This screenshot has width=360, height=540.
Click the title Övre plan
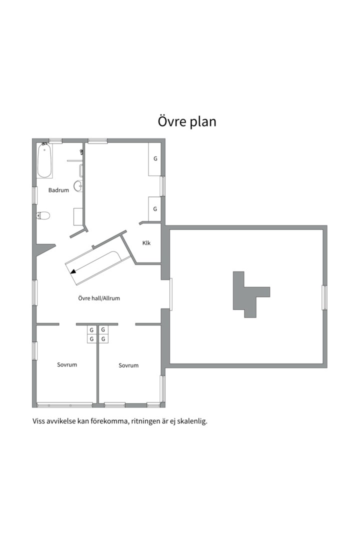point(187,121)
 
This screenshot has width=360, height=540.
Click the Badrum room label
point(58,190)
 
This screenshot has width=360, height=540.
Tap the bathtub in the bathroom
point(44,161)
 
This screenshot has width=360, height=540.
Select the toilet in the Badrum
point(44,215)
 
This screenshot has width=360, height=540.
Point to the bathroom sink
point(78,186)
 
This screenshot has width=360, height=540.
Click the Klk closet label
point(146,243)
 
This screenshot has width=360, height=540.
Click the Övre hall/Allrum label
point(99,298)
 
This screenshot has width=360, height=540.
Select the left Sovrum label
point(67,364)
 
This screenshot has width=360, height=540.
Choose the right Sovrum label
point(128,365)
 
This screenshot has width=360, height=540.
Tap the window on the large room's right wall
point(324,297)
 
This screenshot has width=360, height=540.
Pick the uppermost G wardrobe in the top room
point(155,158)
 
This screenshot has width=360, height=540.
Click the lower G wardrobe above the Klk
point(155,208)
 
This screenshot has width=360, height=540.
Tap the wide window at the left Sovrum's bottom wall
point(65,404)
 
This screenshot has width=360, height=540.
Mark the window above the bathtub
point(55,141)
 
